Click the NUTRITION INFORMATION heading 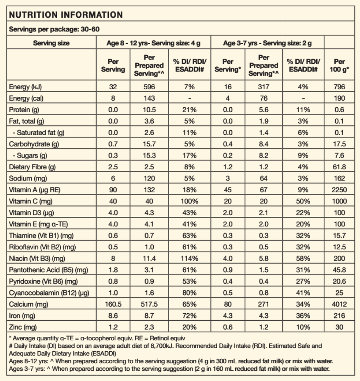(66, 15)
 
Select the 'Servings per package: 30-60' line (54, 29)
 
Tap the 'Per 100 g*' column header (339, 66)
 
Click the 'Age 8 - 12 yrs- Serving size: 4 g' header (153, 43)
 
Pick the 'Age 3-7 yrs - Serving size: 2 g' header (267, 43)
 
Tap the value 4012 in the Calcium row (339, 304)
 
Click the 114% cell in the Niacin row (189, 258)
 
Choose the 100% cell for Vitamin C (189, 201)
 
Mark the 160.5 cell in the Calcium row (113, 304)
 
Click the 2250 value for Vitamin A (339, 190)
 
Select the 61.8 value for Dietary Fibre (339, 167)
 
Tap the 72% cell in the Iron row (189, 316)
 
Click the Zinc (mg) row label (23, 327)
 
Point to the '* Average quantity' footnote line (97, 338)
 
